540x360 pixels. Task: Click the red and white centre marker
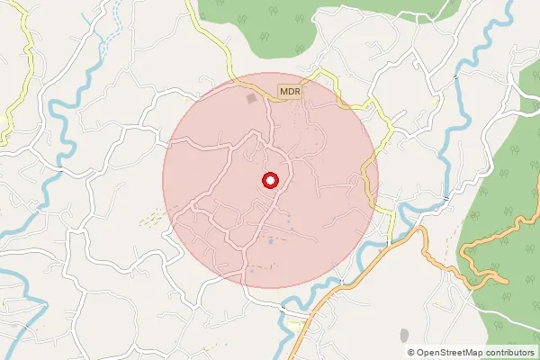click(270, 181)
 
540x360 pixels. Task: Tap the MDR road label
click(289, 92)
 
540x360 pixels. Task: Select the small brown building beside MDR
click(252, 97)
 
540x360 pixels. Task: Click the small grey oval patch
click(403, 335)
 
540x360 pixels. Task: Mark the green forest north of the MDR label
click(261, 27)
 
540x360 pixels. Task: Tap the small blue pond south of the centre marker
click(269, 241)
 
